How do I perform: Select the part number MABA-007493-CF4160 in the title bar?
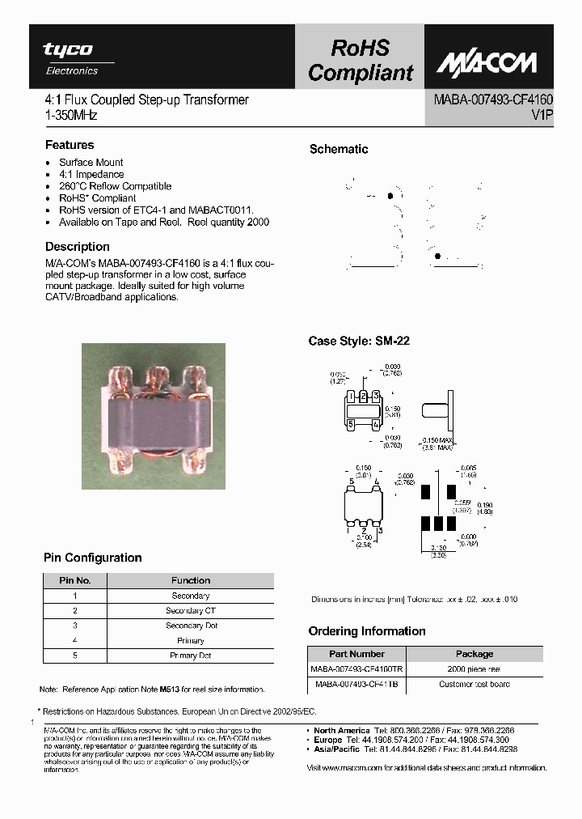tap(493, 100)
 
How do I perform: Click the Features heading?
tap(70, 145)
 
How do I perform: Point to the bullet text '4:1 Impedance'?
tap(91, 174)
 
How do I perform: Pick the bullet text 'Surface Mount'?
tap(91, 163)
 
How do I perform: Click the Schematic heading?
tap(339, 149)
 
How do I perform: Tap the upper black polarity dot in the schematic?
tap(391, 196)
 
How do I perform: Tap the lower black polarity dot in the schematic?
tap(438, 256)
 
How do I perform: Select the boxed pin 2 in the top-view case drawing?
tap(365, 395)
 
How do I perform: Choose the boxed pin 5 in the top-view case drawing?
tap(351, 422)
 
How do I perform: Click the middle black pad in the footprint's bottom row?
tap(439, 523)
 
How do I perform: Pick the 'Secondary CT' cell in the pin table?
tap(191, 611)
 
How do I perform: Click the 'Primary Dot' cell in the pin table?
tap(191, 656)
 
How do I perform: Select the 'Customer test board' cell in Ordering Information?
tap(474, 684)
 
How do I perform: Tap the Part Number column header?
tap(356, 654)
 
